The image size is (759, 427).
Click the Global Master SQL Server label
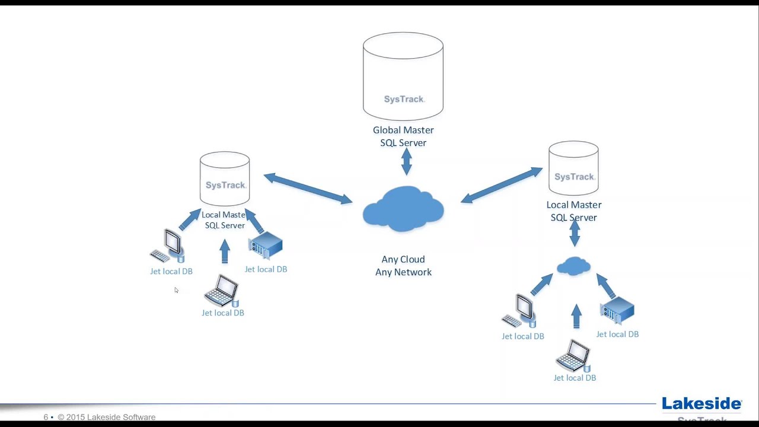pyautogui.click(x=403, y=136)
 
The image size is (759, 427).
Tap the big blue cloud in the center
pyautogui.click(x=403, y=209)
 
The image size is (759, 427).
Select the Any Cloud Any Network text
pyautogui.click(x=403, y=266)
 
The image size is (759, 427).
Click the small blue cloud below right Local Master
pyautogui.click(x=573, y=266)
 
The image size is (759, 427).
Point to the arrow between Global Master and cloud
pyautogui.click(x=406, y=161)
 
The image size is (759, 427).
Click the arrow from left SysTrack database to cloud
pyautogui.click(x=308, y=189)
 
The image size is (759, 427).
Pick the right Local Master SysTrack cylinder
pyautogui.click(x=573, y=168)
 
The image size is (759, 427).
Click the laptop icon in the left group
pyautogui.click(x=222, y=291)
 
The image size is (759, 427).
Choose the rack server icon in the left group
pyautogui.click(x=266, y=246)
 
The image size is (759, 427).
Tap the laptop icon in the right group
pyautogui.click(x=573, y=356)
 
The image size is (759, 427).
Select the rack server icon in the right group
pyautogui.click(x=617, y=311)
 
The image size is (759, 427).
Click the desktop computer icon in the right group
pyautogui.click(x=520, y=311)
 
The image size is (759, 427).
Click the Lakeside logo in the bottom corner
pyautogui.click(x=701, y=404)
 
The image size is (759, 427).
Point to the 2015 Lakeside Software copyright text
pyautogui.click(x=106, y=417)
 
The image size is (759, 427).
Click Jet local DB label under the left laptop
pyautogui.click(x=223, y=313)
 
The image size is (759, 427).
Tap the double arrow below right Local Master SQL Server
pyautogui.click(x=575, y=233)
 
